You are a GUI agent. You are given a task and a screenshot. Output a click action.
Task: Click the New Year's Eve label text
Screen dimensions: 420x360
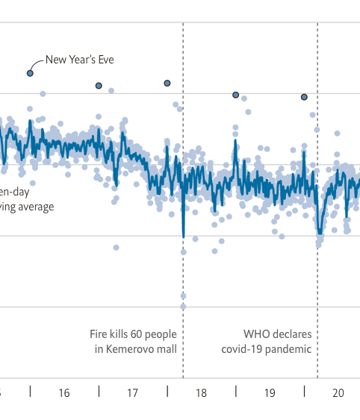coord(80,60)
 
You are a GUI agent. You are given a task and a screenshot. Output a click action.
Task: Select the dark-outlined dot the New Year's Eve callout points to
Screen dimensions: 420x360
coord(30,73)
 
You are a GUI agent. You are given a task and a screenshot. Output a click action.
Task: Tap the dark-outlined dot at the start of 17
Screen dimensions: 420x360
coord(99,86)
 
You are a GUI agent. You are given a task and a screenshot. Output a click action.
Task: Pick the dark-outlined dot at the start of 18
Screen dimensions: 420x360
coord(167,83)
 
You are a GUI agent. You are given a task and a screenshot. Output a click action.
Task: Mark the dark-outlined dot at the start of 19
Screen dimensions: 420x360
coord(236,95)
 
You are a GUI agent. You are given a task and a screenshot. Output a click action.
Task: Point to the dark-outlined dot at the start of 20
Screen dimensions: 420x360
coord(304,97)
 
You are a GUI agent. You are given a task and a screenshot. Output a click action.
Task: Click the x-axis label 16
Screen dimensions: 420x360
coord(64,392)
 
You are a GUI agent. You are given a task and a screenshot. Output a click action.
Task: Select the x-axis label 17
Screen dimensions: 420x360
coord(133,392)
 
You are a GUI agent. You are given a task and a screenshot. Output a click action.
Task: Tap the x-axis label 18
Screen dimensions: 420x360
coord(201,392)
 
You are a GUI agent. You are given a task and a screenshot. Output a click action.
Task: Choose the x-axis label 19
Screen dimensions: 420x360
coord(270,392)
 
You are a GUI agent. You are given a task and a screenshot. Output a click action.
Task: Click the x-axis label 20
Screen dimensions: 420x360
coord(338,392)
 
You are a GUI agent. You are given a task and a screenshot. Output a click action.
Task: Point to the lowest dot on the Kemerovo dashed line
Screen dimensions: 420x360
coord(183,306)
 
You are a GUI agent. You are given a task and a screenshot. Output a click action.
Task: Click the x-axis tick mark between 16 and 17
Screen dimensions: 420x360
coord(99,392)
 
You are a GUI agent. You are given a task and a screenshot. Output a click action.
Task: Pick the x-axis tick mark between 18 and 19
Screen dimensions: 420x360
coord(236,392)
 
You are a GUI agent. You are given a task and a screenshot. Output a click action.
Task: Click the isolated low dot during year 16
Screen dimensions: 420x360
coord(116,247)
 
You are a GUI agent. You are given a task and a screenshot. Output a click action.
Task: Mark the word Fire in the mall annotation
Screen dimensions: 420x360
coord(99,333)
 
